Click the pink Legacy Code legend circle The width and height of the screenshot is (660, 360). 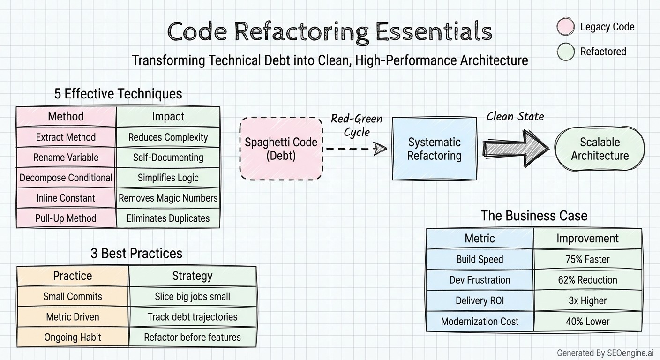[566, 27]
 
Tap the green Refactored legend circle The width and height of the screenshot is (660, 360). [566, 52]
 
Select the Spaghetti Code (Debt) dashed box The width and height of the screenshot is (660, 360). [281, 149]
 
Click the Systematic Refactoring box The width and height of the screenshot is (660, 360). [434, 149]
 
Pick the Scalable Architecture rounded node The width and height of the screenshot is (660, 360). [600, 149]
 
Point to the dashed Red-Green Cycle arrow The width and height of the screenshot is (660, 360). [356, 149]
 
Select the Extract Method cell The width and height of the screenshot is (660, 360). [66, 137]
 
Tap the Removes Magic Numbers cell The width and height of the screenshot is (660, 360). [168, 198]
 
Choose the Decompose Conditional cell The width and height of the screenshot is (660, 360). [66, 178]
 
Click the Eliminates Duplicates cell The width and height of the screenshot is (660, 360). [168, 218]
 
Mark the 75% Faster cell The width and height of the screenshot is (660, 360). [587, 259]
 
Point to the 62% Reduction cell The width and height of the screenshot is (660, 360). [587, 280]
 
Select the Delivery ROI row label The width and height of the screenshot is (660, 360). [480, 300]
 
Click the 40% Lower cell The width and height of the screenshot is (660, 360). [587, 321]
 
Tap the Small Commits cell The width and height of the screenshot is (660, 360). [73, 296]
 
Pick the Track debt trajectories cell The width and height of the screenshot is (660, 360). [192, 317]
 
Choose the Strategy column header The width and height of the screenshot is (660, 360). [192, 276]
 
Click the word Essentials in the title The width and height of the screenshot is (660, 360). [434, 32]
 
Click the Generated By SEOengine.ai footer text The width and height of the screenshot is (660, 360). [605, 352]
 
